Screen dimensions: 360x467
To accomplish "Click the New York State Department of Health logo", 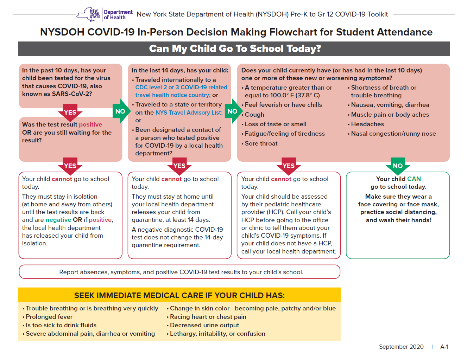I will [x=105, y=14].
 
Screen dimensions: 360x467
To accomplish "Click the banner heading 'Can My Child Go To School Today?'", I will [x=235, y=49].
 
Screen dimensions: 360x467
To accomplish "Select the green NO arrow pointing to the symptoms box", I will [x=233, y=111].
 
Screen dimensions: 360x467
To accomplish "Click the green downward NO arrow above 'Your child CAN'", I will [x=398, y=166].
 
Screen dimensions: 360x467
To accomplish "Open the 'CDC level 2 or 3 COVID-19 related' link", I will [x=181, y=87].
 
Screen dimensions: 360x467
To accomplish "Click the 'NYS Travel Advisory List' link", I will [x=189, y=112].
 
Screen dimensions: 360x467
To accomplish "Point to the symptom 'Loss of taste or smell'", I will [x=276, y=124].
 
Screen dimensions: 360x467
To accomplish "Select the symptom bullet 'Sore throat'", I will [x=261, y=143].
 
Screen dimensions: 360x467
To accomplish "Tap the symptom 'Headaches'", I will [x=367, y=124].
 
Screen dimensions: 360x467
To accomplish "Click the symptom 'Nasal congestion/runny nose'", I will [x=393, y=134].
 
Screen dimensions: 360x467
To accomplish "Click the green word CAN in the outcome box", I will [x=414, y=179].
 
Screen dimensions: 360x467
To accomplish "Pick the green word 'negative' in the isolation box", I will [x=58, y=220].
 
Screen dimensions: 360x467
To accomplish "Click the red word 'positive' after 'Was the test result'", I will [x=90, y=124].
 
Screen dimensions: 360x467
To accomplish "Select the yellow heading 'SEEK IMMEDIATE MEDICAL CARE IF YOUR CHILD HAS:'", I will [x=179, y=295].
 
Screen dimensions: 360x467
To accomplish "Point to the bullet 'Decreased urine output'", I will [x=204, y=325].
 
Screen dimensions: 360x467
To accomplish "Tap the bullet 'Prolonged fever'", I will [x=49, y=317].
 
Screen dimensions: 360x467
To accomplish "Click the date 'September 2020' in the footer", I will [x=401, y=347].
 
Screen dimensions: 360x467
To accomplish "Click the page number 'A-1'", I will [x=444, y=347].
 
